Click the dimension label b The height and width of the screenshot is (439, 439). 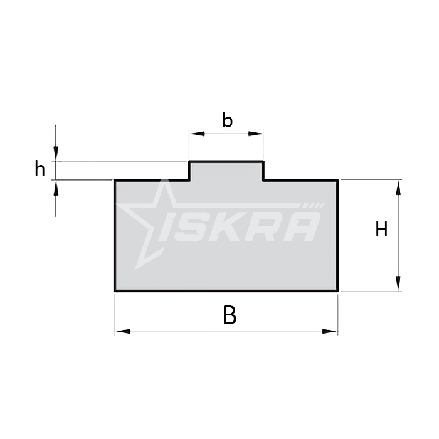[x=228, y=120]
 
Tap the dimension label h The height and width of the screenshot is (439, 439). [x=40, y=169]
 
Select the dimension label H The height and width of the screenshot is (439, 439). [x=381, y=230]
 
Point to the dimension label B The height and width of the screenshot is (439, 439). [x=230, y=315]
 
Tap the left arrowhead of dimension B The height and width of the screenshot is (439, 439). [x=122, y=331]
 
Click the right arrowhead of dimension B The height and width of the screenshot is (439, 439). [x=331, y=331]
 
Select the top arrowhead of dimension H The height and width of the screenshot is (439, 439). [x=398, y=187]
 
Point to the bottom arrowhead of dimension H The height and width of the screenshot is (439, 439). [x=398, y=284]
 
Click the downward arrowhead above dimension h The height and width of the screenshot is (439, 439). [x=56, y=154]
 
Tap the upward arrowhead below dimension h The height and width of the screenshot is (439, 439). [x=56, y=188]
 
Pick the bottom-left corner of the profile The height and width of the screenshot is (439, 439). [x=115, y=291]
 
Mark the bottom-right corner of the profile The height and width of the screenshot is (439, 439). [x=338, y=291]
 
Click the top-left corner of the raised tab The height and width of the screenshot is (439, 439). [x=189, y=162]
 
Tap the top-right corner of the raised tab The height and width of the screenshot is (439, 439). [x=263, y=162]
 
